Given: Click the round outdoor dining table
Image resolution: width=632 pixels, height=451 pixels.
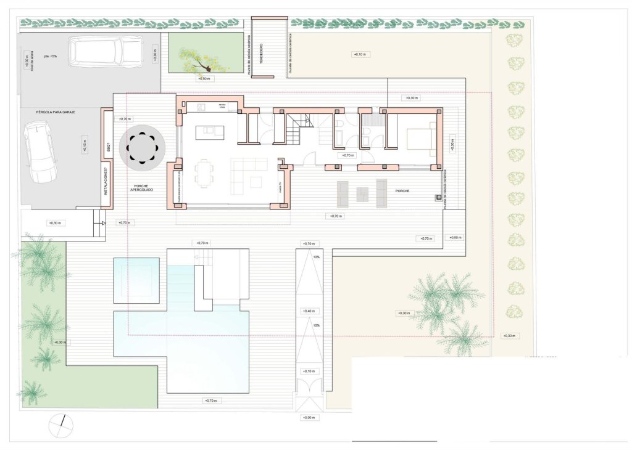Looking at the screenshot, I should [x=143, y=148].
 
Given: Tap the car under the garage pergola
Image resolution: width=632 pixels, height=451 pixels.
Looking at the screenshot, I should [x=40, y=150].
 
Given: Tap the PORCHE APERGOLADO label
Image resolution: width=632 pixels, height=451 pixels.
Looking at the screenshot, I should [x=142, y=187].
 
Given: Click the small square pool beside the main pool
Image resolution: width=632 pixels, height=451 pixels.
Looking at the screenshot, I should [x=136, y=280].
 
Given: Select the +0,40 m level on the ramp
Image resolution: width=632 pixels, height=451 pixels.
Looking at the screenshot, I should [x=309, y=311].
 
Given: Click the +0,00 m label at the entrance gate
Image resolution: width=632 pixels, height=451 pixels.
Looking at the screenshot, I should [x=309, y=418].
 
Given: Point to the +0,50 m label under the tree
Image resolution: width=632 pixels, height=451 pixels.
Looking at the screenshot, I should [x=204, y=79].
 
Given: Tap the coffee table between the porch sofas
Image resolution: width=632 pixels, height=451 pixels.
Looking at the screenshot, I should [x=362, y=194].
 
